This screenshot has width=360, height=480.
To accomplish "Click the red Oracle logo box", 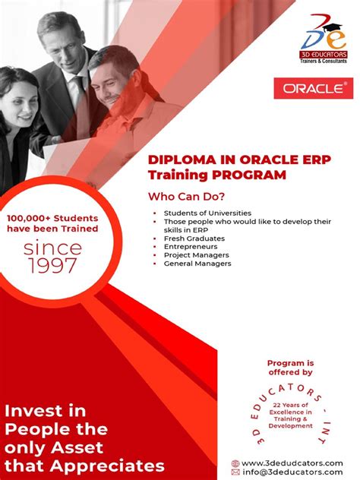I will click(313, 87).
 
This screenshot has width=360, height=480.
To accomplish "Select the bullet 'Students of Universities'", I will click(207, 213).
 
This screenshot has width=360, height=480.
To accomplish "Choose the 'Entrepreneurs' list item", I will click(191, 247).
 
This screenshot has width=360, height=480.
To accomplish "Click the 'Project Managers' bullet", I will click(196, 255).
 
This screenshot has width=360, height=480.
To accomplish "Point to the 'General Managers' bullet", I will click(197, 264).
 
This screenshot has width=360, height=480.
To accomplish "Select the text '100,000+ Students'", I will click(52, 219).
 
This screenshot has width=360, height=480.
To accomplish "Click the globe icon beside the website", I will click(235, 463).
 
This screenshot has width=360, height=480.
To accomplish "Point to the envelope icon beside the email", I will click(235, 472).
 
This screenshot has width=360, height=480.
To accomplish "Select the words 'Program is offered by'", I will click(289, 368).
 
